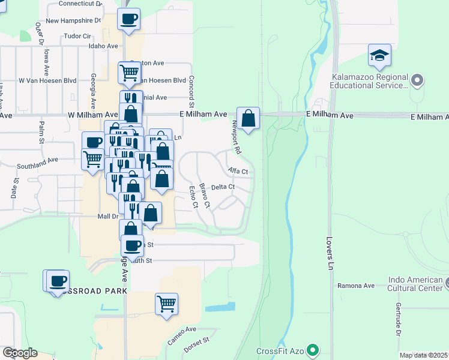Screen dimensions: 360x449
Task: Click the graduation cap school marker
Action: pos(379,56)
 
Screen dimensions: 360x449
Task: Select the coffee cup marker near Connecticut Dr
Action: pos(128,19)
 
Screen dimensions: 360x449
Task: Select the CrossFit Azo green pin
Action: pos(312,349)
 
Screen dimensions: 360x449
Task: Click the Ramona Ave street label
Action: pos(356,286)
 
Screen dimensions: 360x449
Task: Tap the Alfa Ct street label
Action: pos(238,172)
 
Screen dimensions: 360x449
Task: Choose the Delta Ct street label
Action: pos(222,187)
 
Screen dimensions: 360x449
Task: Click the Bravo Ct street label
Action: pos(205,196)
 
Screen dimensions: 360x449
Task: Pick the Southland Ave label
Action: pos(37,161)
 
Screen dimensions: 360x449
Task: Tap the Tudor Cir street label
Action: pos(77,36)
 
